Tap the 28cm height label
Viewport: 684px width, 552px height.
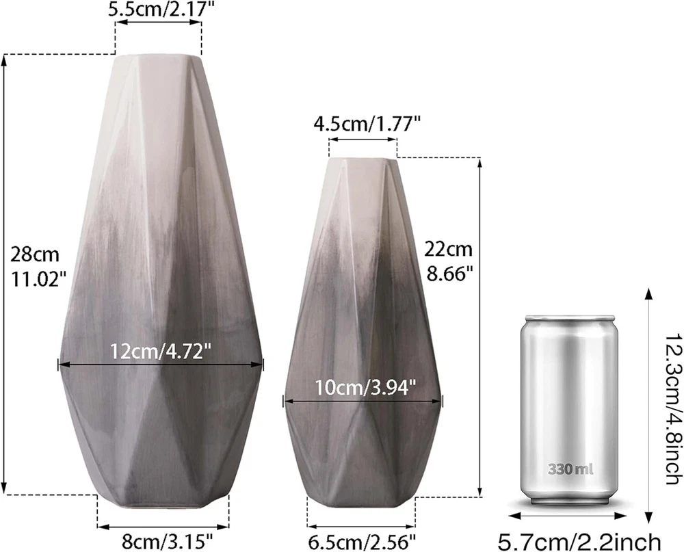click(x=35, y=254)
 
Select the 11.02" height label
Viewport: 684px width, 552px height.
click(x=39, y=279)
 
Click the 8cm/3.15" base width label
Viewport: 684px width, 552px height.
click(x=167, y=542)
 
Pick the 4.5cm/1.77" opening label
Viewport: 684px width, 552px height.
click(x=367, y=124)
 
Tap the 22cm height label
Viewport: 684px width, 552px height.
click(x=449, y=250)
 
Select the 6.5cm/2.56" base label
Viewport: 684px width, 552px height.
click(x=362, y=542)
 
